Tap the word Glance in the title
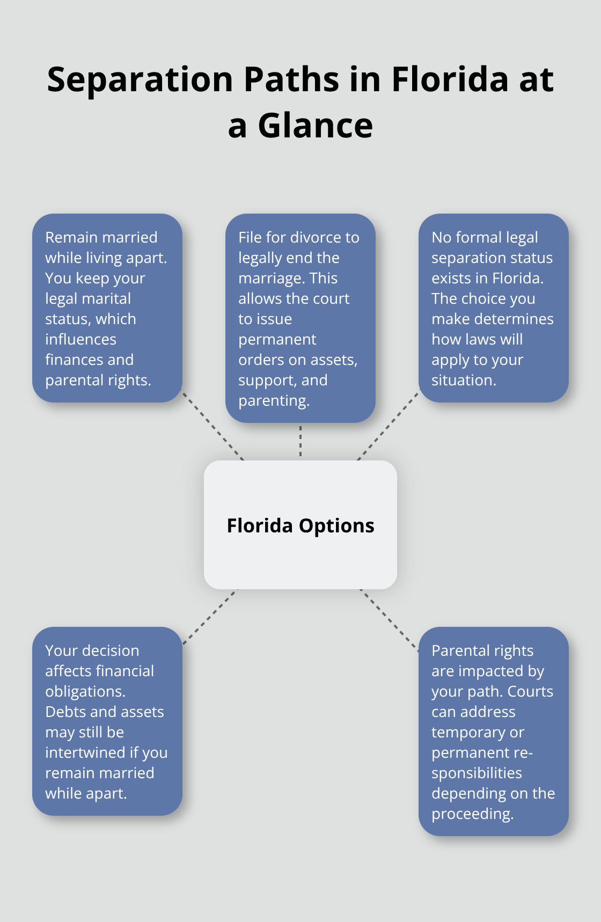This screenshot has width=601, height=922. [x=315, y=127]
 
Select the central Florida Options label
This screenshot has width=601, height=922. [x=300, y=526]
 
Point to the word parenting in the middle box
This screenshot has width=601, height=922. [x=274, y=401]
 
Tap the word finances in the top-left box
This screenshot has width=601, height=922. [x=73, y=360]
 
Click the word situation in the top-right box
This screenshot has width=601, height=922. [x=464, y=380]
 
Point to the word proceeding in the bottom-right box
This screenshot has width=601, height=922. [x=472, y=814]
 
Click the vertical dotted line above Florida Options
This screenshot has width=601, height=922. [x=300, y=441]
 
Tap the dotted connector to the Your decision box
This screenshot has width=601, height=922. [x=210, y=617]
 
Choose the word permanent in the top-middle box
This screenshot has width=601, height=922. [x=277, y=340]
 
